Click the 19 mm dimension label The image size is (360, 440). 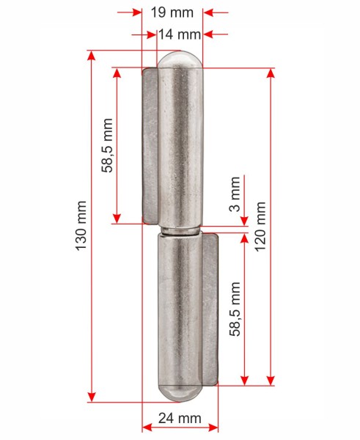point(172,12)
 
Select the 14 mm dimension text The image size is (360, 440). point(180,34)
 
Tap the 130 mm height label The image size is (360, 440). point(81,226)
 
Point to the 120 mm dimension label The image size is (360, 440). point(260,227)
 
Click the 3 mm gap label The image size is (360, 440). point(235,194)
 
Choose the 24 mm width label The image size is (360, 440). point(180,418)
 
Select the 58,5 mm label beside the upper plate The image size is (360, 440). point(107,145)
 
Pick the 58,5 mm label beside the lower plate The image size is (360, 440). point(235,309)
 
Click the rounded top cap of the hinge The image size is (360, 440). point(180,59)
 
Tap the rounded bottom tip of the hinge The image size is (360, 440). point(180,393)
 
